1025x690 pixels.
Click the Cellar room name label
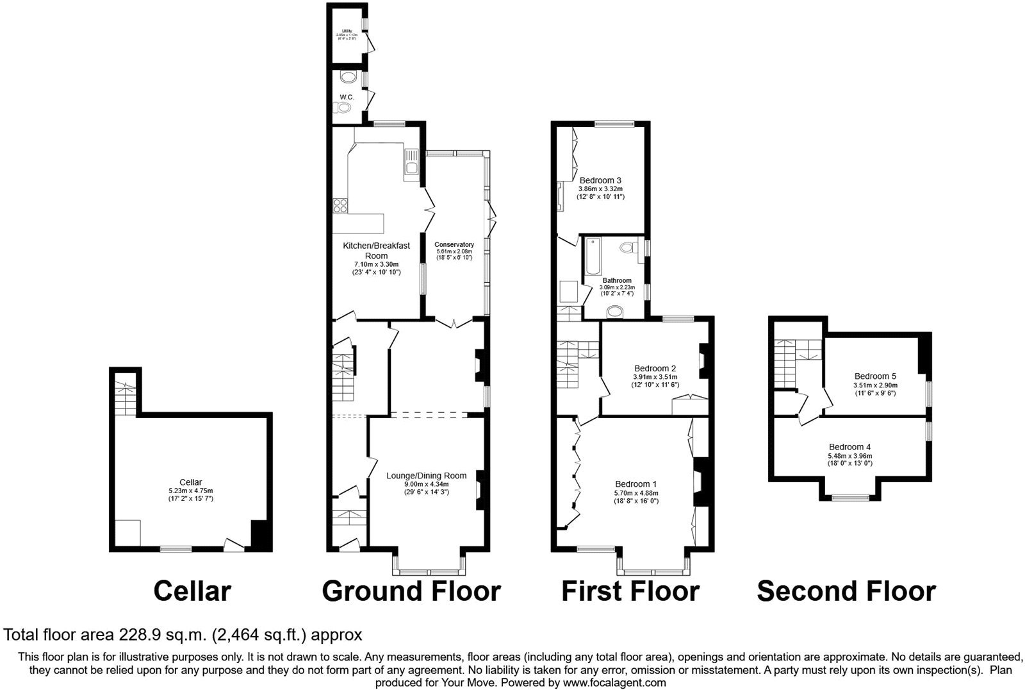point(191,482)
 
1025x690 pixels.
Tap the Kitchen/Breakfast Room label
point(376,250)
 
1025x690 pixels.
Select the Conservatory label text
point(454,244)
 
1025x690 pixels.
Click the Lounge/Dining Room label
point(426,475)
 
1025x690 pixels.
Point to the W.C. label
point(347,97)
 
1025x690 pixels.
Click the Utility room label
point(347,31)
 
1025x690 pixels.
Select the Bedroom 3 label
point(600,180)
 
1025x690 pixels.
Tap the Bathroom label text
point(616,280)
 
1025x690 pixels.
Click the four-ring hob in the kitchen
point(340,206)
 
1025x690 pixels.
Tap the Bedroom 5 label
point(875,376)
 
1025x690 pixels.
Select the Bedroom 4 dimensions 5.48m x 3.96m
point(849,456)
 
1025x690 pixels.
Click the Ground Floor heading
point(411,591)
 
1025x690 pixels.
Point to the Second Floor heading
point(846,591)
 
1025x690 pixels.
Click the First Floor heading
point(630,591)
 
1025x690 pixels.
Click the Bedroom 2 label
point(655,368)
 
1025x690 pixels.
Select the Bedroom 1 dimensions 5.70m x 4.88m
point(636,492)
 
